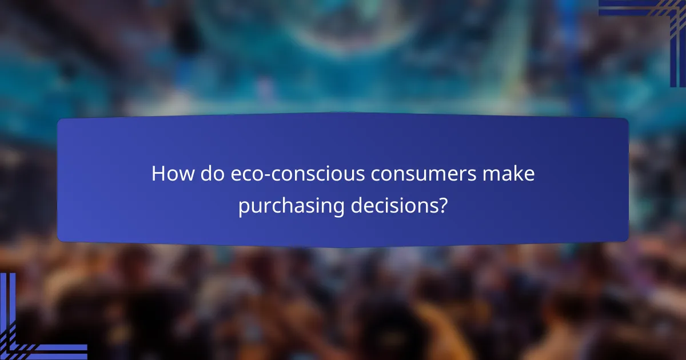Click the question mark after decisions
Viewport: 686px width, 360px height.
tap(442, 206)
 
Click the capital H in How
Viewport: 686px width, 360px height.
tap(158, 174)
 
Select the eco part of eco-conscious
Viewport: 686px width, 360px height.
tap(243, 174)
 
